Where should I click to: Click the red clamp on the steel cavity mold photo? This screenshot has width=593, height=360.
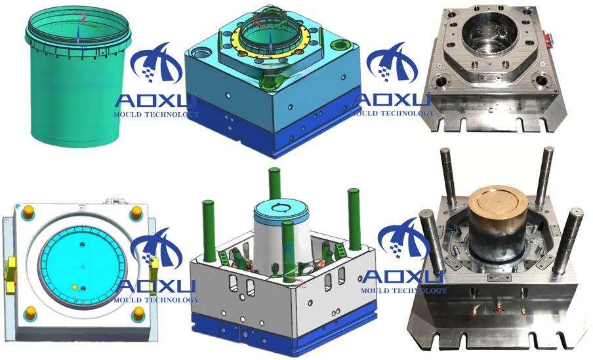547,38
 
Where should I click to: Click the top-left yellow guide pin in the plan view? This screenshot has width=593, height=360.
28,213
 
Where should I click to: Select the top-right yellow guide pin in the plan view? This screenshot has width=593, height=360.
136,214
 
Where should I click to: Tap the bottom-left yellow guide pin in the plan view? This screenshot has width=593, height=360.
30,313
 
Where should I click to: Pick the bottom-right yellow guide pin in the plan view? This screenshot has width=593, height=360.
138,313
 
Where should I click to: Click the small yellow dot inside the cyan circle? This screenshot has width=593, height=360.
75,287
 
